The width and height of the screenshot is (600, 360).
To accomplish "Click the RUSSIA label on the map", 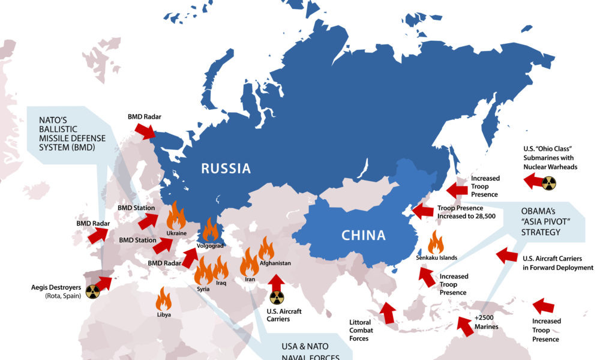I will [x=226, y=169].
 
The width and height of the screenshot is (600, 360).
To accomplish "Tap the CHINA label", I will [x=364, y=235].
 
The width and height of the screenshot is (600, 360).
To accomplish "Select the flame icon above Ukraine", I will [x=176, y=215].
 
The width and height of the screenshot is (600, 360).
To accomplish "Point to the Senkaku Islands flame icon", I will [x=436, y=242].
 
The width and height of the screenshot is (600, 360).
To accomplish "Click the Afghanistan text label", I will [x=275, y=263].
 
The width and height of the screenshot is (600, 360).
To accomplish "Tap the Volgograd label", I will [x=210, y=246].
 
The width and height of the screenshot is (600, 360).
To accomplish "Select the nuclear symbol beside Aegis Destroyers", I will [x=92, y=292].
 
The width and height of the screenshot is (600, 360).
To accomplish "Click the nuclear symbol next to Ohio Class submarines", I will [x=548, y=183].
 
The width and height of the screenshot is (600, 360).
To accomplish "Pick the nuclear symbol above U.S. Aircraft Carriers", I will [x=275, y=298].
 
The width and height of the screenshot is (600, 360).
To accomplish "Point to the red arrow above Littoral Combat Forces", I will [x=388, y=313].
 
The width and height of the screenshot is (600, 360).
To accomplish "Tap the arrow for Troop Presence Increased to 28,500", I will [x=422, y=211].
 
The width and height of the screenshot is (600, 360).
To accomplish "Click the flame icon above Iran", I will [x=250, y=262].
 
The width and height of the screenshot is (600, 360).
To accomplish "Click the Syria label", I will [x=203, y=289].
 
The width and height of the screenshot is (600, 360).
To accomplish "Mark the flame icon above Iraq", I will [x=220, y=268].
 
